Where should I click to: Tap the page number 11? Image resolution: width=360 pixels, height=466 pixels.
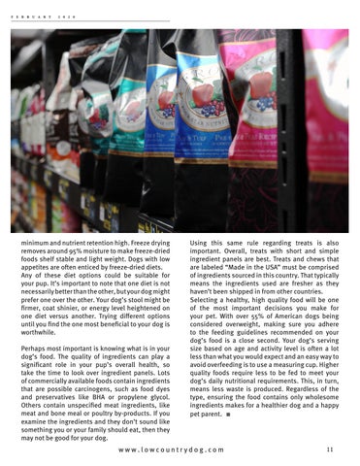pos(331,449)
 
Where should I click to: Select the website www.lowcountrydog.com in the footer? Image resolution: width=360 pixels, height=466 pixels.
pos(180,450)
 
